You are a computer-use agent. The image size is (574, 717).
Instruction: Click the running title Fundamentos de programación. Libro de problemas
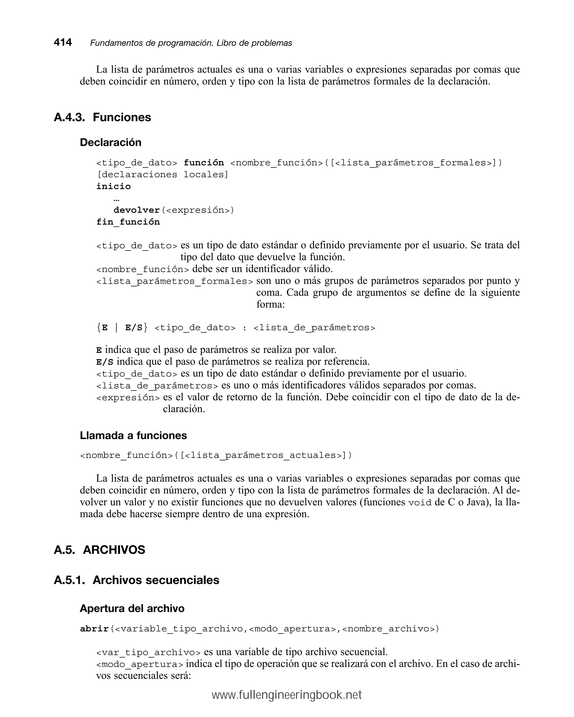click(x=191, y=43)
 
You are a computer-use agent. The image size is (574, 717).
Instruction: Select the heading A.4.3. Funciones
click(x=102, y=117)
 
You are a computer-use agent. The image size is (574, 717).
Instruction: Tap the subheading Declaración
click(x=110, y=142)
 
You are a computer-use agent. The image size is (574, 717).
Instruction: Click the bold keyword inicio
click(x=114, y=186)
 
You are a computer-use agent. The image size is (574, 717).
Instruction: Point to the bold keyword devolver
click(x=136, y=210)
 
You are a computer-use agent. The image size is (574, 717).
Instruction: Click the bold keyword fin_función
click(x=128, y=222)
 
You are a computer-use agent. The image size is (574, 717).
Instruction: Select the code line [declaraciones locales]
click(x=162, y=175)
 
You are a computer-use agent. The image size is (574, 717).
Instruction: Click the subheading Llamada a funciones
click(x=133, y=435)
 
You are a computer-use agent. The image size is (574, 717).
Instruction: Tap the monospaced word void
click(x=420, y=503)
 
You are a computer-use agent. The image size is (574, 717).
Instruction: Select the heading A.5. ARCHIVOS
click(x=99, y=550)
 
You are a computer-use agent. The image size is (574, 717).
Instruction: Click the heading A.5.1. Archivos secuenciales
click(x=136, y=580)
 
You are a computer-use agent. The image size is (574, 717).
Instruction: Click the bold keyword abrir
click(x=94, y=629)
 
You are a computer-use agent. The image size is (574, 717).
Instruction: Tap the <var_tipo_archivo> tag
click(x=148, y=653)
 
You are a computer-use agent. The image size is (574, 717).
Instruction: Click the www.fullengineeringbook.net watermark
click(x=287, y=695)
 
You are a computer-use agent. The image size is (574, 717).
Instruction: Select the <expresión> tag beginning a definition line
click(x=128, y=398)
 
